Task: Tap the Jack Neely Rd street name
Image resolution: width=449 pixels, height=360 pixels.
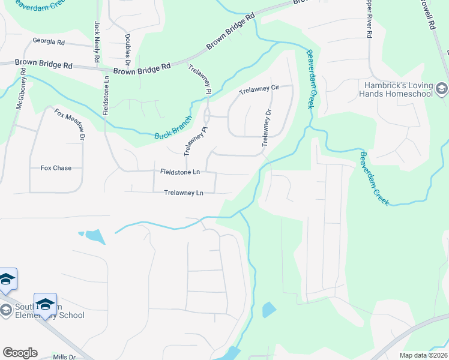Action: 96,43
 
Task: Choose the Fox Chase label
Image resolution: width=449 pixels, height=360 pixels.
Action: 56,168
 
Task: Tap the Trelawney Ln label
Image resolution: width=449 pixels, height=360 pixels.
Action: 184,193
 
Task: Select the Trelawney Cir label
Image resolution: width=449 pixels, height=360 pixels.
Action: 259,89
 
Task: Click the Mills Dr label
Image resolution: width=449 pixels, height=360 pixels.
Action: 64,356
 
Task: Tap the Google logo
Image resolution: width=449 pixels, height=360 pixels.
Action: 20,353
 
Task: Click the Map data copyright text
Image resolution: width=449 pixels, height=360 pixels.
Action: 423,355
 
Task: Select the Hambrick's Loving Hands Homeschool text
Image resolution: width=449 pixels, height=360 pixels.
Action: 398,89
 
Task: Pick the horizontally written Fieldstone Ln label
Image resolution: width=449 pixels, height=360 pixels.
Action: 180,172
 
